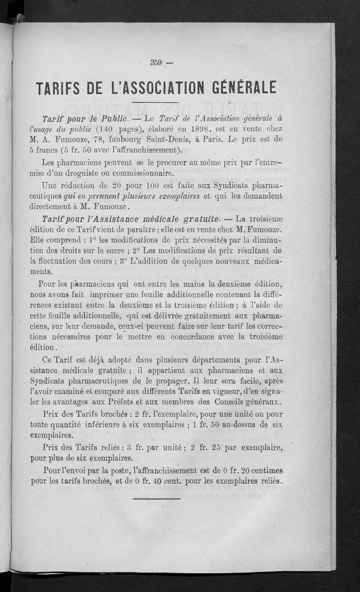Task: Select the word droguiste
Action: coord(99,173)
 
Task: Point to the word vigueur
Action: coord(214,392)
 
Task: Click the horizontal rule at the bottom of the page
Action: coord(157,498)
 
